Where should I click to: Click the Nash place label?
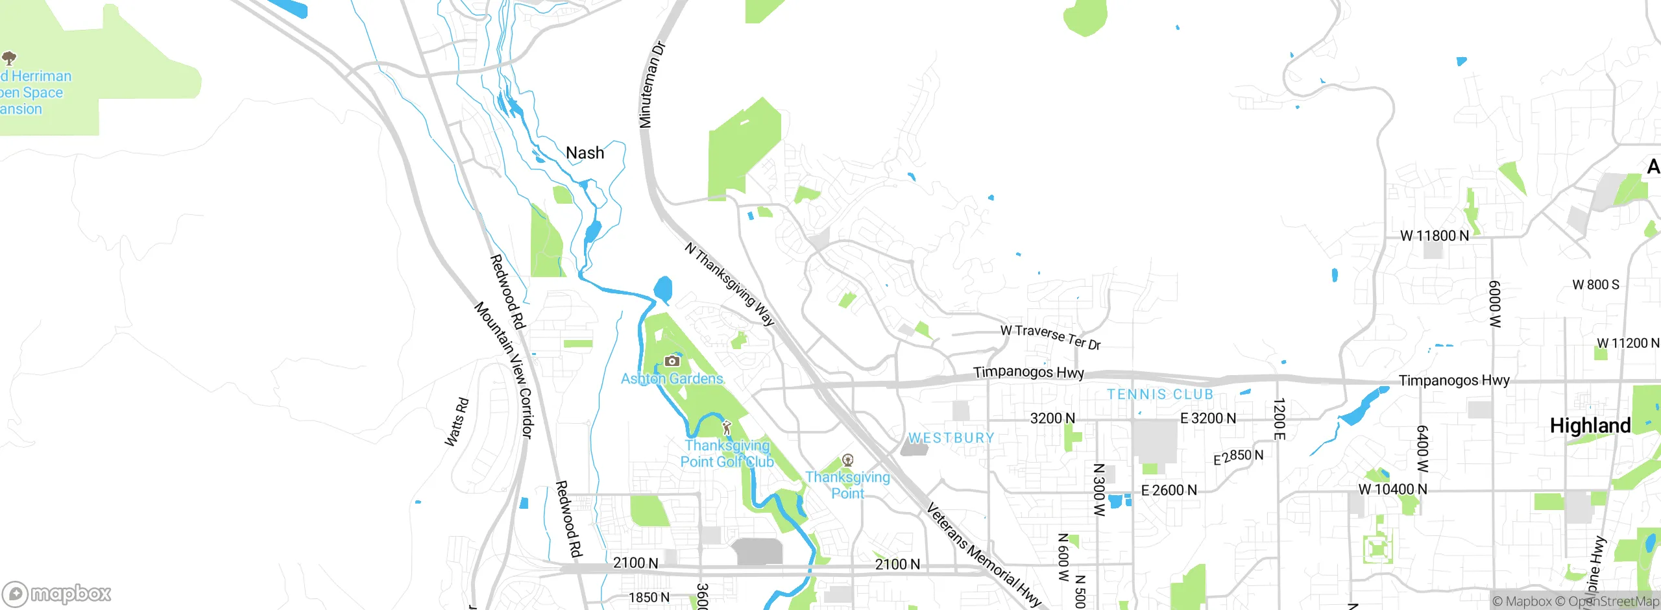click(585, 153)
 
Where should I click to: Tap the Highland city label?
click(1590, 426)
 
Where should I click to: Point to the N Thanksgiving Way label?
click(730, 284)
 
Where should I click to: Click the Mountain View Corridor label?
click(503, 370)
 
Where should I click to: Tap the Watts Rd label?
click(456, 422)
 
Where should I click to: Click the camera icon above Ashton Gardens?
click(672, 361)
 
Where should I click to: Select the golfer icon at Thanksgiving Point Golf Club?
click(727, 428)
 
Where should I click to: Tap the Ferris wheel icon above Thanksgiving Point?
click(847, 460)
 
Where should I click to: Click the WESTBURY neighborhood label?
click(951, 438)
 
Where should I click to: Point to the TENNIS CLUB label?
click(1160, 395)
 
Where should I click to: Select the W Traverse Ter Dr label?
click(1050, 337)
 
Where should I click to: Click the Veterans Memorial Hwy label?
click(983, 554)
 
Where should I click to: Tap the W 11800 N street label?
click(1434, 236)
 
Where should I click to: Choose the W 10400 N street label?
click(1392, 489)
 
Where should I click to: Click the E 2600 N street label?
click(1169, 491)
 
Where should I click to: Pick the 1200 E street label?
click(1278, 419)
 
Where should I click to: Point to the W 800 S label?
click(1595, 285)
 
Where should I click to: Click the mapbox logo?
click(57, 594)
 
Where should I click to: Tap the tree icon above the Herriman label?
click(9, 58)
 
